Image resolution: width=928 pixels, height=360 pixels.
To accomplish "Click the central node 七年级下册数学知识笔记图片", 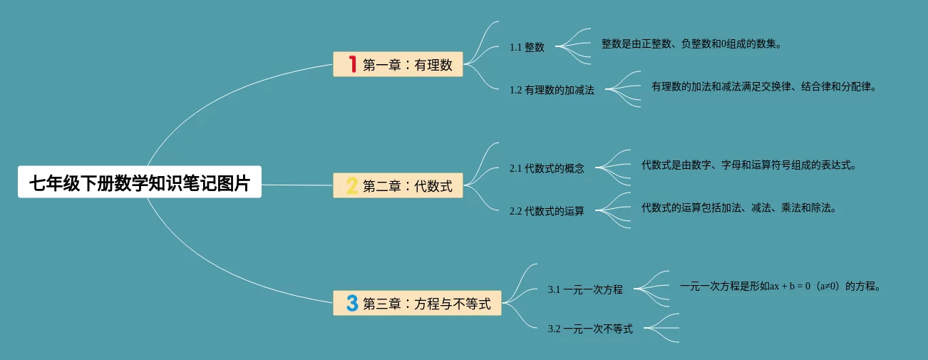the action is tap(140, 182).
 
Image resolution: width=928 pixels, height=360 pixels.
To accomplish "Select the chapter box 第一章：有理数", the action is tap(398, 64).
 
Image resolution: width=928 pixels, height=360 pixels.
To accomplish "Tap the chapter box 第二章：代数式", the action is tap(398, 186).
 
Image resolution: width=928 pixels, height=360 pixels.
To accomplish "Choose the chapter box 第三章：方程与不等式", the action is tap(417, 303).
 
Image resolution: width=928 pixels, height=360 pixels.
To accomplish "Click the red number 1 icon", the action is tap(351, 64).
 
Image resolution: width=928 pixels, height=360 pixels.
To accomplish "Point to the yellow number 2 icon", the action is tap(351, 186).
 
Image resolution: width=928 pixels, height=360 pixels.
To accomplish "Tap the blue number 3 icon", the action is tap(351, 303).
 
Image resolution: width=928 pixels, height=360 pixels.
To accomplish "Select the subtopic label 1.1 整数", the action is tap(527, 47).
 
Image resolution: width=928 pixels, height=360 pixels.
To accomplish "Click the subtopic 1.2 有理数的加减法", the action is tap(552, 90).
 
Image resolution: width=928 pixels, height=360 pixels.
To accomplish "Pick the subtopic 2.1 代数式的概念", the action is tap(547, 168).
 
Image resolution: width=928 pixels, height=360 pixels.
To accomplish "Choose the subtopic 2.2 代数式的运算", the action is tap(547, 211).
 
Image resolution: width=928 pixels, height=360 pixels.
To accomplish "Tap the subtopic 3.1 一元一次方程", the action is tap(585, 289).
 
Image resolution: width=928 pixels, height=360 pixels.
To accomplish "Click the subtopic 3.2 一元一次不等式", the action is tap(590, 329).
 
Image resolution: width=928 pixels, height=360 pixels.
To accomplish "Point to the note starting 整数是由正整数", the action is tap(691, 44).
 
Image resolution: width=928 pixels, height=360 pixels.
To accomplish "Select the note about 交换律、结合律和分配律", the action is tap(763, 87).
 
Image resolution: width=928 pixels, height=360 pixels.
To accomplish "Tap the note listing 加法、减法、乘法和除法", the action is tap(738, 208).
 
